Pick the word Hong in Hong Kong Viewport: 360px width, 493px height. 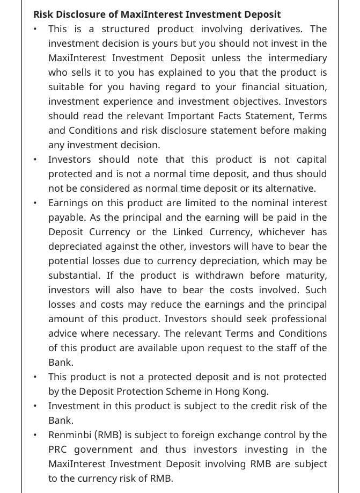(229, 392)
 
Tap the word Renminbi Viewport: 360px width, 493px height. (69, 435)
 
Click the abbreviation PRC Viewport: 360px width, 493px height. (58, 450)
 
